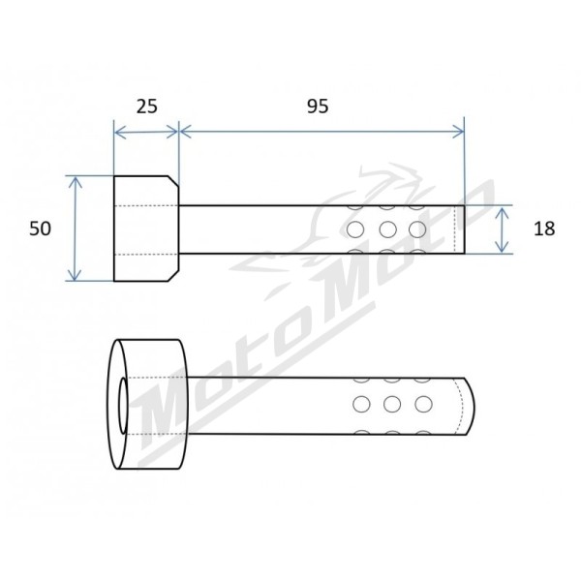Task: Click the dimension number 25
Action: [147, 107]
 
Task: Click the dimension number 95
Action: [318, 107]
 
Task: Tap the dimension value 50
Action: [40, 229]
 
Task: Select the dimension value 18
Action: [544, 229]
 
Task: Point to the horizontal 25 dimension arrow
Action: [146, 132]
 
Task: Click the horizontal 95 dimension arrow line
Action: [321, 131]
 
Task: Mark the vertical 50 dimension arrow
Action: [76, 229]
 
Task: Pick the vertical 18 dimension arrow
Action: [502, 229]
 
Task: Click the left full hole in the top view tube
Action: [355, 229]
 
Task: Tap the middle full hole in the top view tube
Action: [388, 229]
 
